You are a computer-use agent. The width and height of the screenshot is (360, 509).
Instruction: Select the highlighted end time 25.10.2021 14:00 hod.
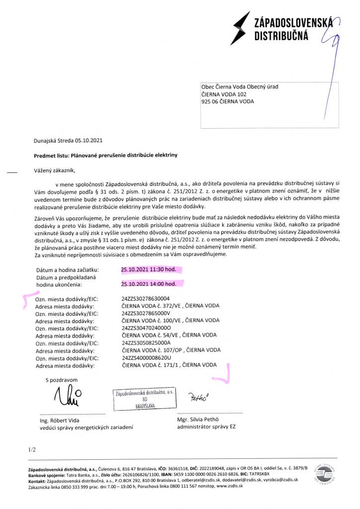coord(149,284)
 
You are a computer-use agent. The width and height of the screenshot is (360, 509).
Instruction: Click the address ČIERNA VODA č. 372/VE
coord(170,306)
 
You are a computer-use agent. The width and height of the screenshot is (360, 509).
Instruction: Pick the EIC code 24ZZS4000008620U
coord(146,357)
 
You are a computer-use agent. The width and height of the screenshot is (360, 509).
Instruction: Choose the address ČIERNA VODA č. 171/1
coord(169,365)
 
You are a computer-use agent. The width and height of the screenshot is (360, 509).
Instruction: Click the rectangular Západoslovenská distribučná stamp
coord(144,399)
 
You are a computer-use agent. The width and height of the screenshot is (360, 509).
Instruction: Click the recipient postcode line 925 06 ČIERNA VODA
coord(227,102)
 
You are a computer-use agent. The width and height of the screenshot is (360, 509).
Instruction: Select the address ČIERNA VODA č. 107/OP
coord(170,350)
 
